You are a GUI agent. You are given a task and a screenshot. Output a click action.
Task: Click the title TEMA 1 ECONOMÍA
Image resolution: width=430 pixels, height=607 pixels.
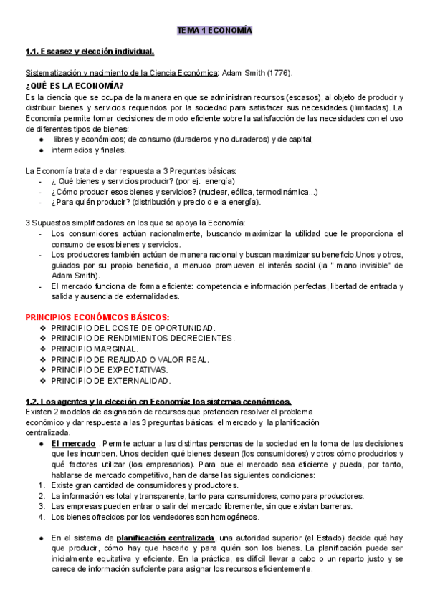click(x=215, y=31)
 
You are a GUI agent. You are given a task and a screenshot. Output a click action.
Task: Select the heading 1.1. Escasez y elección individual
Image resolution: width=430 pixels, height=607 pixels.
click(x=90, y=52)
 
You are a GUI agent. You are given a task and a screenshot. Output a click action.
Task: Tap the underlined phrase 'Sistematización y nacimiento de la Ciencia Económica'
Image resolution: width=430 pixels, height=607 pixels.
click(x=121, y=73)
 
